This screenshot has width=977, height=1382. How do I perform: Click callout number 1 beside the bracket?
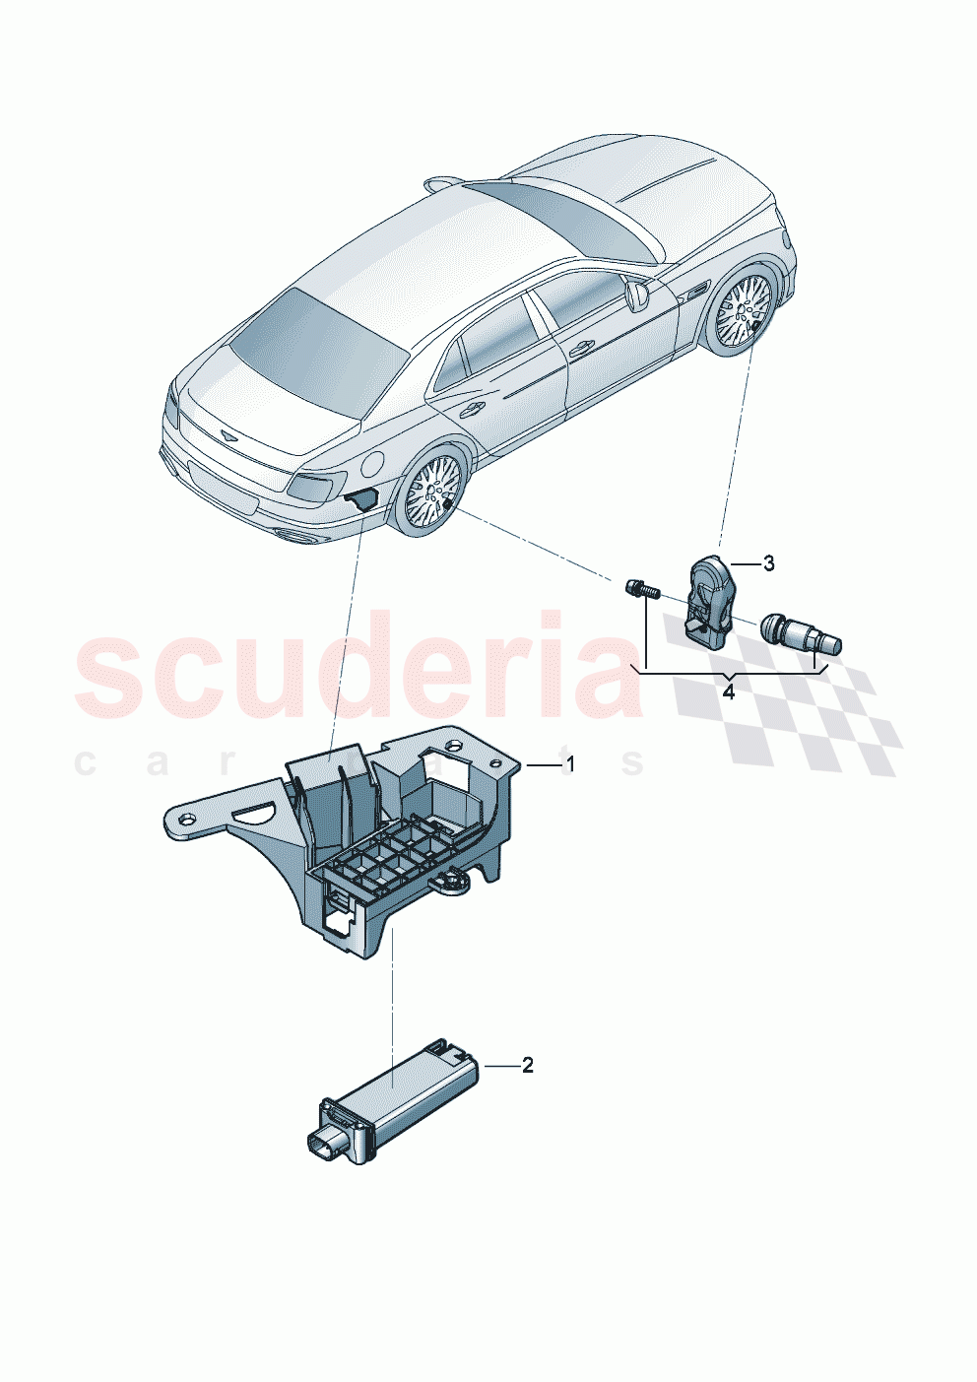pos(568,763)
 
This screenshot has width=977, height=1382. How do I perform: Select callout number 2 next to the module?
pos(527,1065)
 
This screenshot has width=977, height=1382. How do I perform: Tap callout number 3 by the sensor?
pos(769,563)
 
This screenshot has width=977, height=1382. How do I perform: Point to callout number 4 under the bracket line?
pos(728,692)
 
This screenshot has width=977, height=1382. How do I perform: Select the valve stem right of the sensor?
pos(803,634)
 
